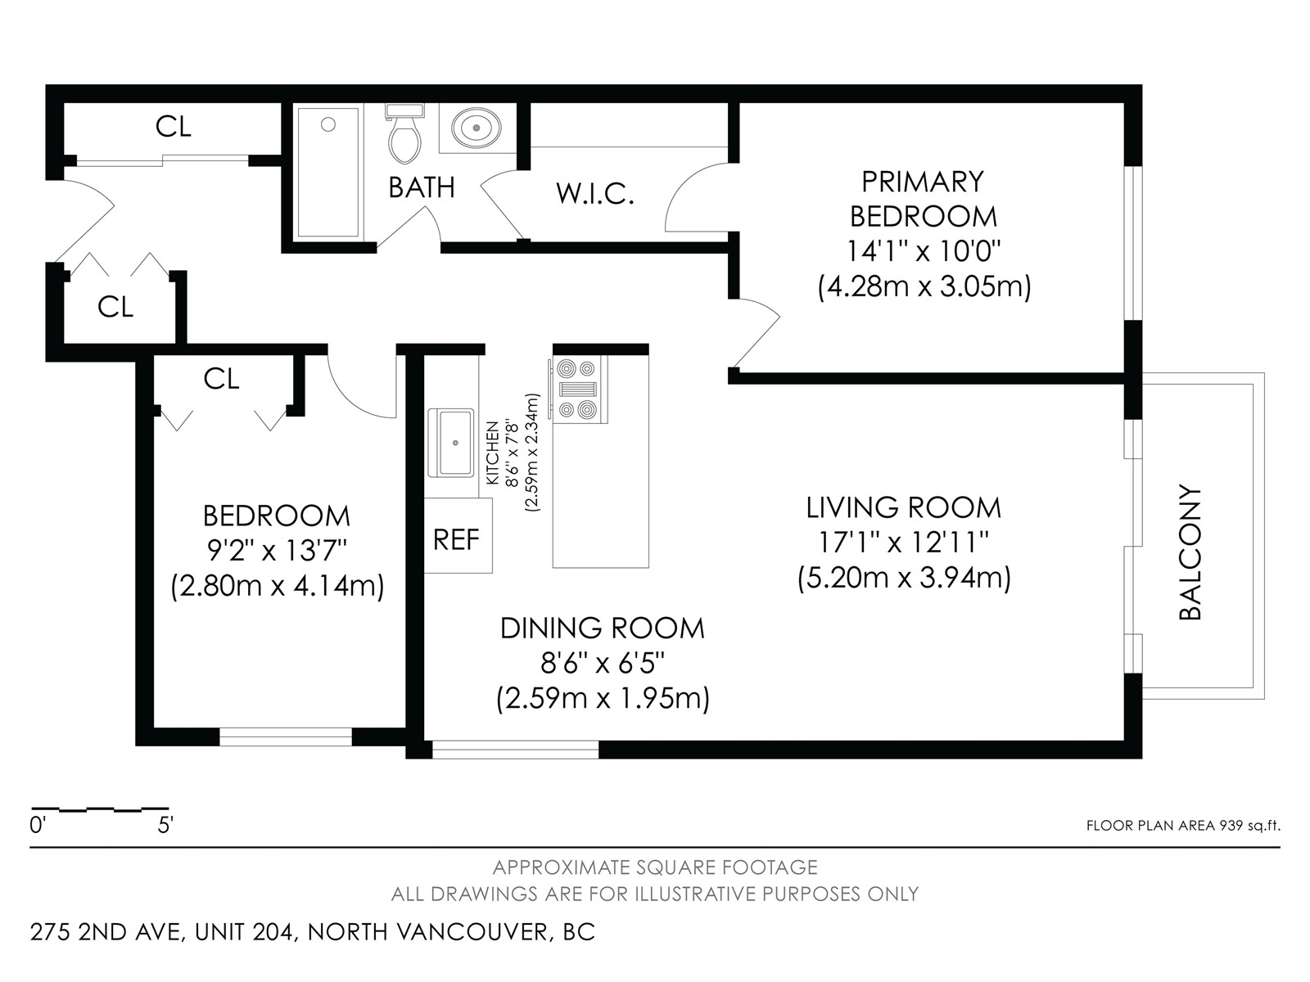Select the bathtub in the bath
(x=329, y=173)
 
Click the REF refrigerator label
(x=457, y=540)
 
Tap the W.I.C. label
(x=595, y=194)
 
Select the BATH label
(x=422, y=187)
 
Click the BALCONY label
(x=1190, y=552)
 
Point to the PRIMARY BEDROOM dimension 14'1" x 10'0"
(x=924, y=251)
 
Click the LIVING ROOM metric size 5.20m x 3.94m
(x=904, y=579)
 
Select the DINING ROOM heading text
(x=602, y=628)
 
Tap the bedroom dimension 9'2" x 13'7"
(x=276, y=551)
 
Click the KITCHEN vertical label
(x=492, y=453)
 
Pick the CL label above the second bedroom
(x=221, y=379)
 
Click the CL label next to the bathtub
(x=173, y=126)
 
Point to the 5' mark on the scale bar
(x=165, y=826)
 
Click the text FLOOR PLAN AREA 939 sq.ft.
(x=1183, y=826)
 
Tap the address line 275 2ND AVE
(x=106, y=932)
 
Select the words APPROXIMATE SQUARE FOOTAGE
(x=655, y=867)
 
